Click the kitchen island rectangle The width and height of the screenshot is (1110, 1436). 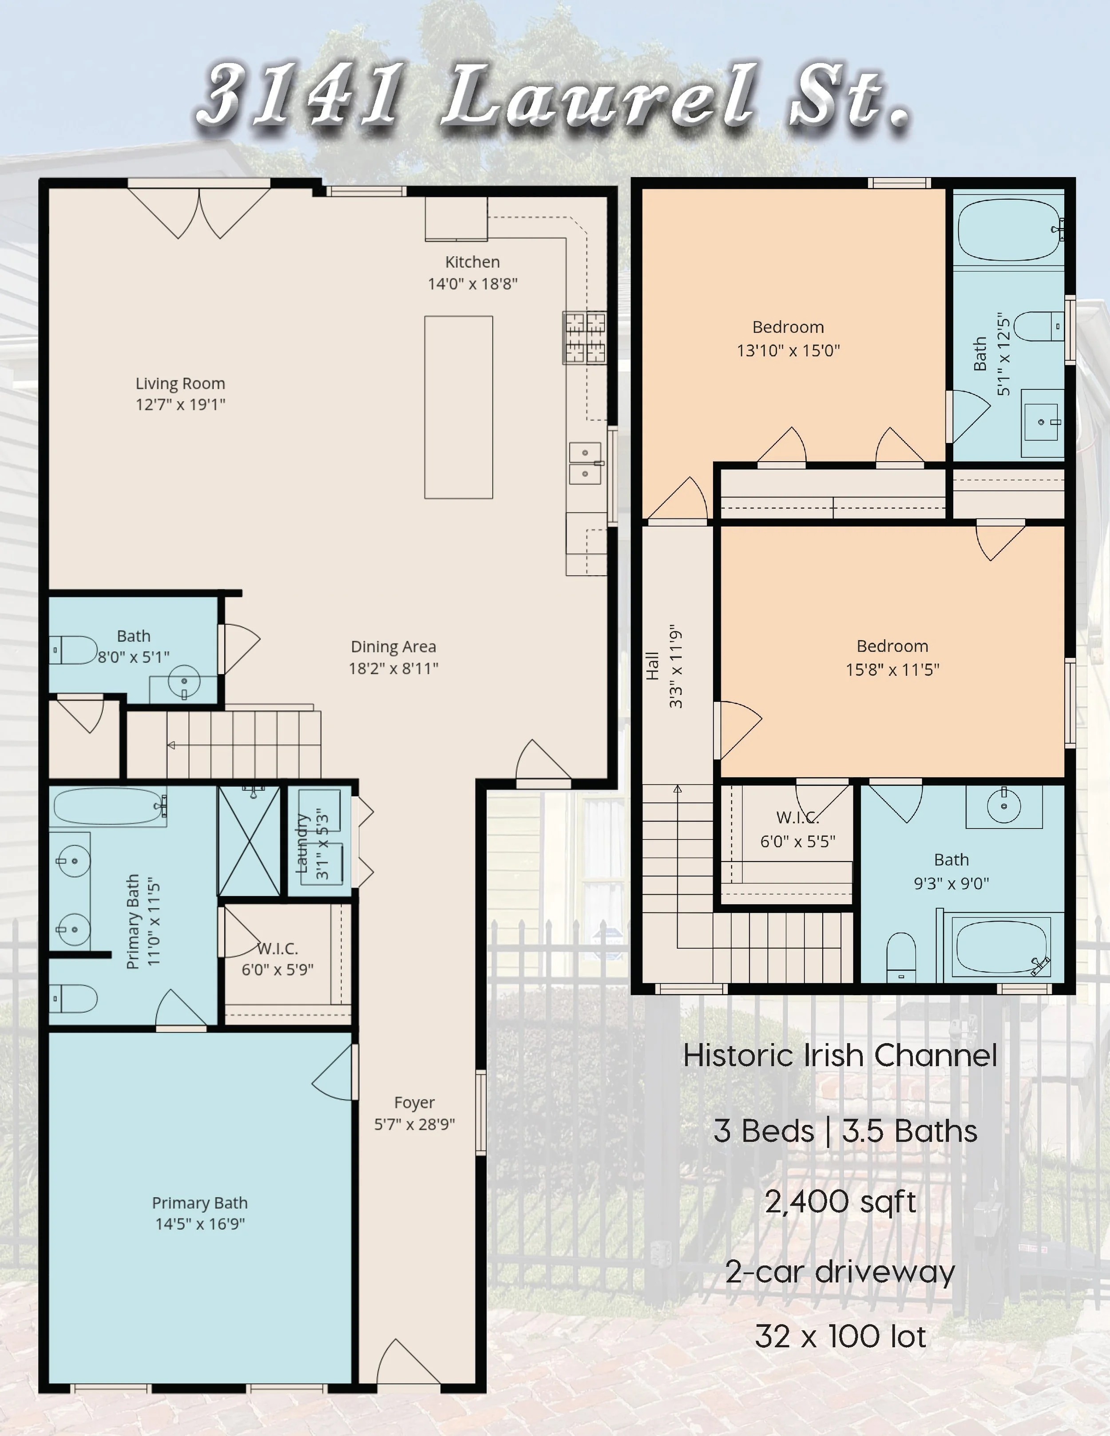(458, 407)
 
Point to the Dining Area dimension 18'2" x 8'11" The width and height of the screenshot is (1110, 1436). (393, 669)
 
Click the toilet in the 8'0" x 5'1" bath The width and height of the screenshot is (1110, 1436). (74, 649)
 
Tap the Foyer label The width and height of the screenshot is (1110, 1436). (414, 1103)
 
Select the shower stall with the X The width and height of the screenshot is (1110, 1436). (249, 841)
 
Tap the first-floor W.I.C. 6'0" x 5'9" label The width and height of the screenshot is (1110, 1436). (277, 959)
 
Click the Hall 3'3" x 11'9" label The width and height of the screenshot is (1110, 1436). (663, 666)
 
